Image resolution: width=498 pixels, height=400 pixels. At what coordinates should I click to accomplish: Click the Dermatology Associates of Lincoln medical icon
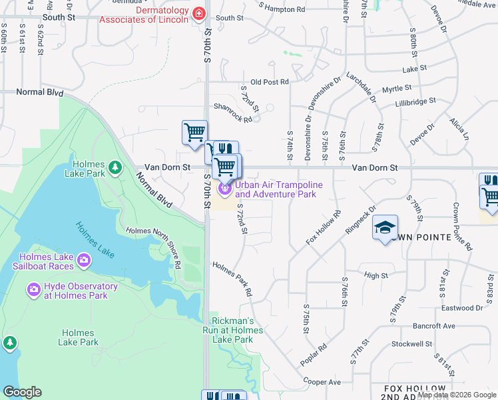[198, 14]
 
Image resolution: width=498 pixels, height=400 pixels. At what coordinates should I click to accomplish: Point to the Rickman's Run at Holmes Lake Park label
[233, 330]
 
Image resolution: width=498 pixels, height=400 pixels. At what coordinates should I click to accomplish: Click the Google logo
[22, 391]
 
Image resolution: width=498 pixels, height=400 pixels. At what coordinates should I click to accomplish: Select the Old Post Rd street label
[269, 81]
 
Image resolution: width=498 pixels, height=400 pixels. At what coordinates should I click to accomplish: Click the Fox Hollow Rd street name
[324, 227]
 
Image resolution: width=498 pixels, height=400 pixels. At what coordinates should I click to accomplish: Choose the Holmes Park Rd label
[232, 279]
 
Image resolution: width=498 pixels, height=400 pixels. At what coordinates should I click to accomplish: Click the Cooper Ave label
[322, 382]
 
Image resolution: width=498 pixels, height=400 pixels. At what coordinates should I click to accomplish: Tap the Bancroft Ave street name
[433, 326]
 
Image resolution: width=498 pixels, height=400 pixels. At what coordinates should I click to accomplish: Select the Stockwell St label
[412, 344]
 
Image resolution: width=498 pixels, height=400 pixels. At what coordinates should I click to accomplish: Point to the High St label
[376, 275]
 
